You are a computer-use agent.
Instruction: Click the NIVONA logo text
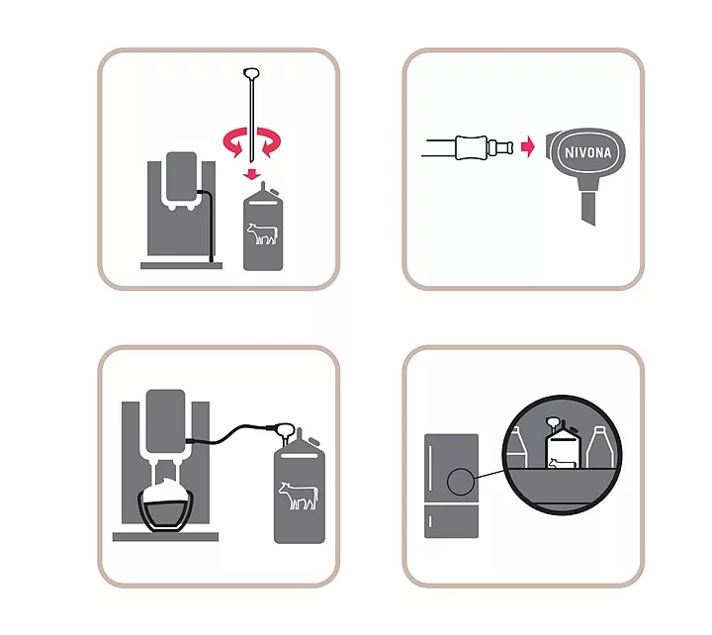[588, 152]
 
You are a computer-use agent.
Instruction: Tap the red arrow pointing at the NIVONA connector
[528, 146]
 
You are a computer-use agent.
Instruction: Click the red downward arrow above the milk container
[251, 174]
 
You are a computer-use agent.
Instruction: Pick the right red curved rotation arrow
[269, 141]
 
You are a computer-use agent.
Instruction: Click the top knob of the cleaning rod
[251, 73]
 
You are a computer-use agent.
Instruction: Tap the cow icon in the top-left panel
[262, 233]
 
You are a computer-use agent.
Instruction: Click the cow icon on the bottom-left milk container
[299, 496]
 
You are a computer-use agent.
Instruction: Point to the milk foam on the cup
[164, 490]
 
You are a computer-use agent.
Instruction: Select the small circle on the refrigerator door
[461, 482]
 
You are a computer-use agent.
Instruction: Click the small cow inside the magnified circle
[562, 463]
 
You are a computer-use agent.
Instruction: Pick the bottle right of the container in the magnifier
[600, 447]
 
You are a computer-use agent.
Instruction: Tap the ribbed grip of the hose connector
[472, 147]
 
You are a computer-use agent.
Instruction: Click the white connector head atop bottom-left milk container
[285, 429]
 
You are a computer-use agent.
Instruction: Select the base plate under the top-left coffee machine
[181, 266]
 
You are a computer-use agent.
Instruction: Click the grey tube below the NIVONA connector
[588, 208]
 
